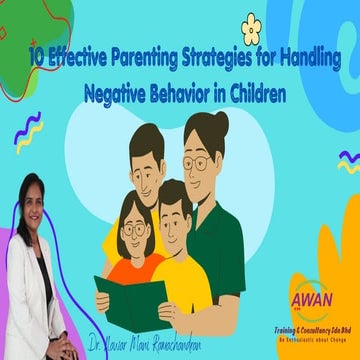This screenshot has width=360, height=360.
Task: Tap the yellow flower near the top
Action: [x=251, y=29]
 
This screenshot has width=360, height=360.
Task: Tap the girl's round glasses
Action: [x=133, y=229]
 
